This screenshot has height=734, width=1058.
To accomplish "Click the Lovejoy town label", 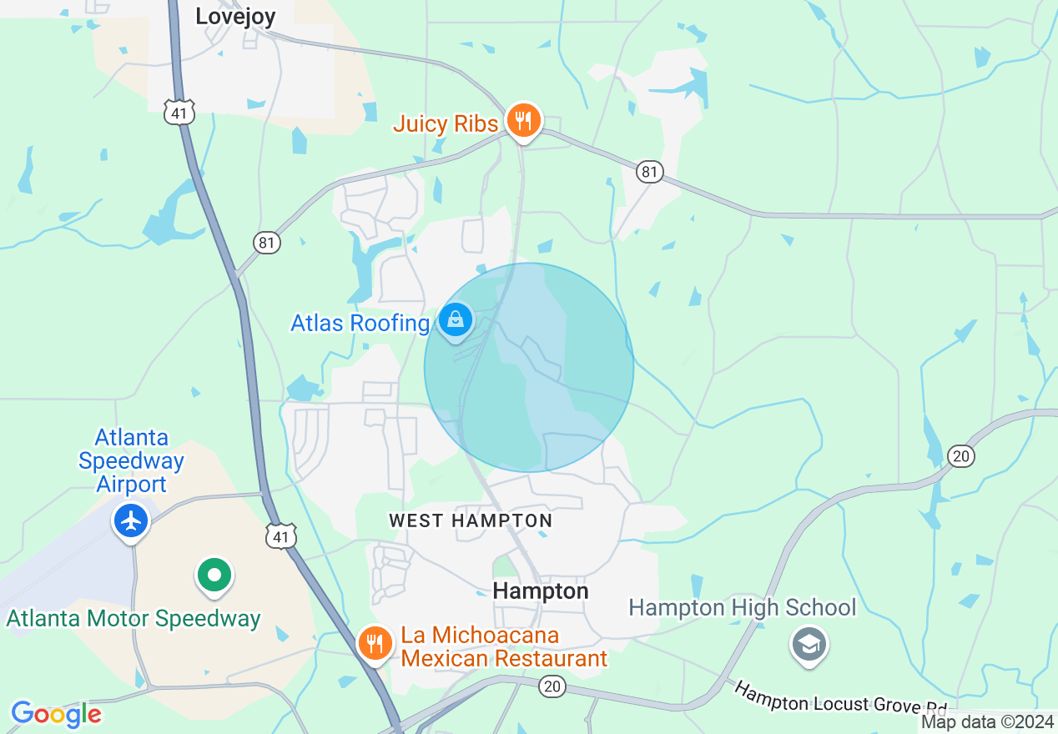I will click(x=234, y=16).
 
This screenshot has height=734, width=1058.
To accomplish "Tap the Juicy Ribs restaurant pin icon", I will click(x=523, y=121).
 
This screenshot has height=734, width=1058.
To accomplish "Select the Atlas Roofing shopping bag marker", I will click(x=456, y=320).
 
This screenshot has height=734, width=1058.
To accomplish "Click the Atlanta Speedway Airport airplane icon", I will click(x=131, y=520).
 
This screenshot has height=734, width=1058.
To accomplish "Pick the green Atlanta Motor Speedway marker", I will click(x=214, y=575).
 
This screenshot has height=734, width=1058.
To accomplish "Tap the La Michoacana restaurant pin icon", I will click(x=375, y=644).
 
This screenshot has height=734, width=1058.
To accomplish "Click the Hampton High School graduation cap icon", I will click(x=809, y=645).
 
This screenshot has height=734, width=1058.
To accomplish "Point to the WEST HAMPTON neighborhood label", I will click(x=471, y=521).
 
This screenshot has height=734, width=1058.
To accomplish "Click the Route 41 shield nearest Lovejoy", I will click(x=179, y=112).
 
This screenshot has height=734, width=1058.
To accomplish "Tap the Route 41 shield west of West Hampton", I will click(x=281, y=536).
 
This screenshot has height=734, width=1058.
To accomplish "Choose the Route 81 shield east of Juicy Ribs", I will click(x=650, y=172).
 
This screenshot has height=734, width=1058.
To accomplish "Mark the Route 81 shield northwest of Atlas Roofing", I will click(x=267, y=243).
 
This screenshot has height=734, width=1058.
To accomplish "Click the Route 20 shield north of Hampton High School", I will click(x=961, y=455).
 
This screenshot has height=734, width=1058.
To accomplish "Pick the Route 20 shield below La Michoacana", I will click(x=552, y=686).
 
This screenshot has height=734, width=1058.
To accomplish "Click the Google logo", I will click(x=56, y=714).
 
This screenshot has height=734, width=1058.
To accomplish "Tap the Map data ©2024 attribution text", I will click(x=987, y=722).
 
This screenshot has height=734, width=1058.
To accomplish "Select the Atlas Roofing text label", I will click(x=360, y=323).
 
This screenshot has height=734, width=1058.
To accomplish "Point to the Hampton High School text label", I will click(x=742, y=608).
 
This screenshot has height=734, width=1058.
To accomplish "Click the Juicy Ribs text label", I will click(x=446, y=124).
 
